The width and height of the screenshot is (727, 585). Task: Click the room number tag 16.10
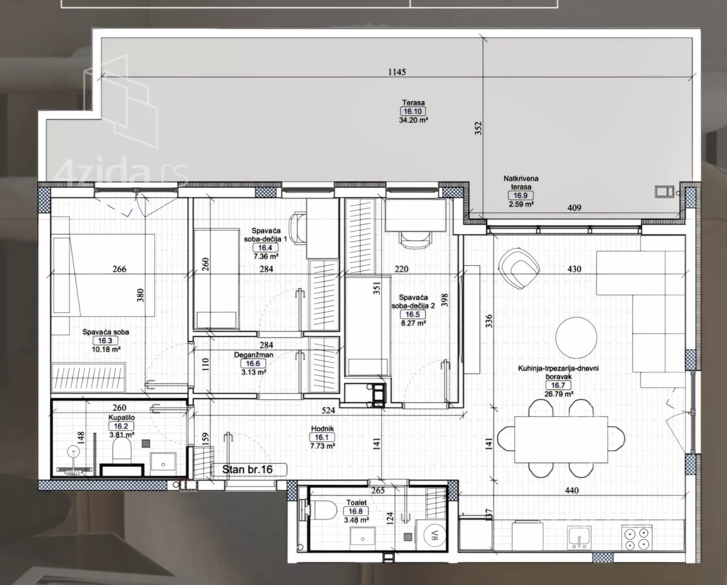pos(413,112)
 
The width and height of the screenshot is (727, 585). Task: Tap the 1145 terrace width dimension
pos(397,72)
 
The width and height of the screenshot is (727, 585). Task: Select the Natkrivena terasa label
pos(521,183)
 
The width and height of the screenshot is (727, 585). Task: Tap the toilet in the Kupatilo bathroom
pos(121,451)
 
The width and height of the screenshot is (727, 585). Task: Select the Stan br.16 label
pos(248,470)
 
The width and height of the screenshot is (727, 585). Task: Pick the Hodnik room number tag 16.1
pos(322,438)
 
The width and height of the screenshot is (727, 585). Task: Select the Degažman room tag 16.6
pos(253,363)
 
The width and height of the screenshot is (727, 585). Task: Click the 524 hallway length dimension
pos(329,410)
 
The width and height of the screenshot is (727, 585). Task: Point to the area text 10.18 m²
pos(106,350)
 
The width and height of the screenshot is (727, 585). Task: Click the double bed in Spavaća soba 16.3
pos(104,275)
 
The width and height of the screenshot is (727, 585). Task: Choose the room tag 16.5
pos(413,315)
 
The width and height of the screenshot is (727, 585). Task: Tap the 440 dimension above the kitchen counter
pos(571,491)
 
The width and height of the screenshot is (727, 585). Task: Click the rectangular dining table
pos(561,439)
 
